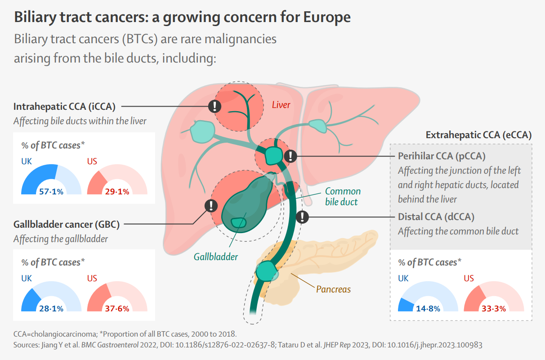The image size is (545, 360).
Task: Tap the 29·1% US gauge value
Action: (117, 192)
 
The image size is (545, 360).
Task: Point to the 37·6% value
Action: (117, 309)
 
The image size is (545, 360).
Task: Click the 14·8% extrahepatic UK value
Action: (428, 309)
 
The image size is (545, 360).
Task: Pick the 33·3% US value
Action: (494, 309)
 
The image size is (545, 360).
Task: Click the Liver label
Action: (281, 105)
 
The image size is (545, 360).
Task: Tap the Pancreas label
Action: (333, 289)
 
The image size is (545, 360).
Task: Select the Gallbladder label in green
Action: (216, 257)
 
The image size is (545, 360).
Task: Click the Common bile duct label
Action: (342, 197)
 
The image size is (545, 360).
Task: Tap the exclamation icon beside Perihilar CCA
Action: (291, 156)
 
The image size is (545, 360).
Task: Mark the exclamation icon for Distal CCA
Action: (303, 217)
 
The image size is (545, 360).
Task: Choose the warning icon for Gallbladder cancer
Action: (211, 206)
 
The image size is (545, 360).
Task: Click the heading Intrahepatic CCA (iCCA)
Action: (65, 107)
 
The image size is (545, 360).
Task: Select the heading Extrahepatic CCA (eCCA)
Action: (478, 135)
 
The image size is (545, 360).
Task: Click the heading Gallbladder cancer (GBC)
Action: (68, 224)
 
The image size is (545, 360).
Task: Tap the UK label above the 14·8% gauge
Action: (403, 279)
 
